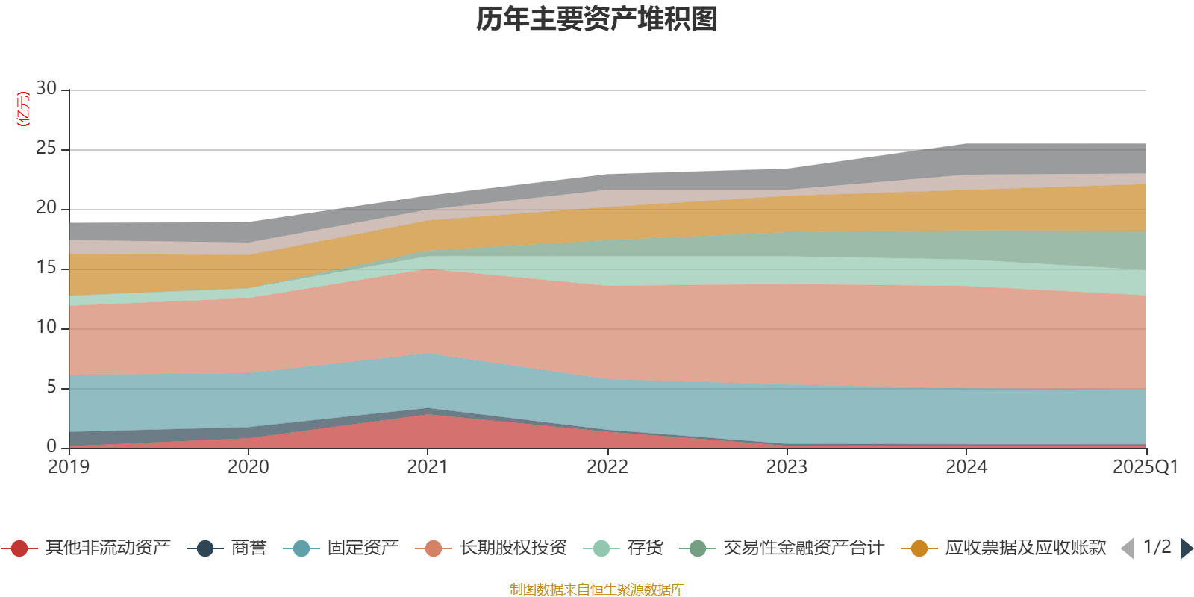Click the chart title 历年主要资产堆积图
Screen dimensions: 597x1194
597,19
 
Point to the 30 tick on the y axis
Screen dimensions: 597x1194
46,89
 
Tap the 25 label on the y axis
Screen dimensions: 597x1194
46,149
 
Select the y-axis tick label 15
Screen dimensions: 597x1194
46,268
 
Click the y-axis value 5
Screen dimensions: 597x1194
51,387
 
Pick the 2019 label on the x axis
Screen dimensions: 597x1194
69,467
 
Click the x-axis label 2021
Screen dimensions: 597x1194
428,467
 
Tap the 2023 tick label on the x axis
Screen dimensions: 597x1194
787,467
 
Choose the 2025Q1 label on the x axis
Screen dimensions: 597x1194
1145,467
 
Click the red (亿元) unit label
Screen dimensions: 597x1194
23,109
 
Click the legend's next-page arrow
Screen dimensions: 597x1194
1186,548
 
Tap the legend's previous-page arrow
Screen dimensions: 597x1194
1128,548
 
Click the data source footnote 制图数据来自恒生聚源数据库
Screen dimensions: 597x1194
597,590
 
